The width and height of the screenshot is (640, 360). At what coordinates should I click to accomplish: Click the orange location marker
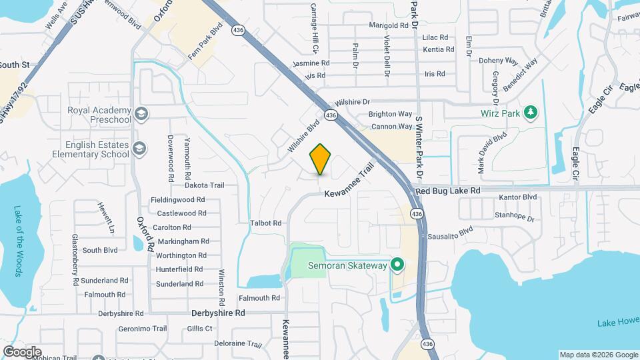coord(321,159)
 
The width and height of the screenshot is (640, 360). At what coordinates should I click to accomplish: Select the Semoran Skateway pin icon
coord(397,265)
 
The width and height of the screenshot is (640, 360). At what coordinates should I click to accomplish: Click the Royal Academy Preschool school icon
coord(141,114)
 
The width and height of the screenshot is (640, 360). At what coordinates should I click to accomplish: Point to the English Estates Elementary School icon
coord(140,149)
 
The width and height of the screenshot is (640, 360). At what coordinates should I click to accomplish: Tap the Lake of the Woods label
coord(18,241)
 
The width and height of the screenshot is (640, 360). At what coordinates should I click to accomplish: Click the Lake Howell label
coord(617,323)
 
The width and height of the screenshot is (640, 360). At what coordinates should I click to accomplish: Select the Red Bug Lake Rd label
coord(447,191)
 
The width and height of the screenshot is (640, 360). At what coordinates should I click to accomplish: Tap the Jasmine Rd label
coord(311,63)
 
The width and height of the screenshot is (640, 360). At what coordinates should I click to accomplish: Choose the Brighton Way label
coord(391,114)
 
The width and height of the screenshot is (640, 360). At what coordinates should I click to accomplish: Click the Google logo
coord(22,351)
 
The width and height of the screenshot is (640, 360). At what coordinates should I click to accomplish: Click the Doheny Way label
coord(499,60)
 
